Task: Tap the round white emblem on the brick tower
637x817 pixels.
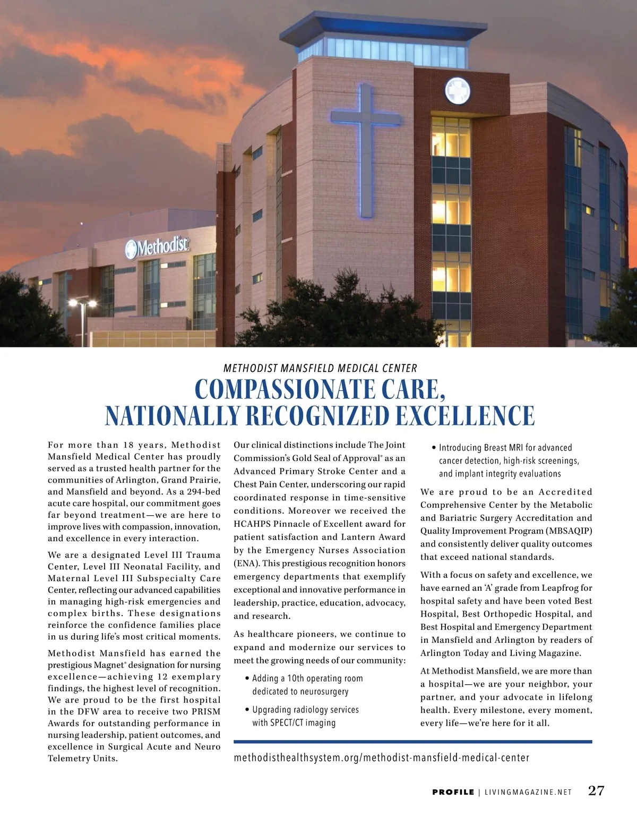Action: click(x=457, y=91)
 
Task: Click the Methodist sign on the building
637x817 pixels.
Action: click(x=157, y=246)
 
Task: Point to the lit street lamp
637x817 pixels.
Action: click(x=83, y=304)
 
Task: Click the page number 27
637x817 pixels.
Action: click(x=596, y=790)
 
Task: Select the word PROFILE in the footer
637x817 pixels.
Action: click(x=453, y=792)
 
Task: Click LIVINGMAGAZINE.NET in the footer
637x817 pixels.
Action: click(x=528, y=792)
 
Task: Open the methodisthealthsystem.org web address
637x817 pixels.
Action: click(x=381, y=758)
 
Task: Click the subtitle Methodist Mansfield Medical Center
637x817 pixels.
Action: click(x=320, y=368)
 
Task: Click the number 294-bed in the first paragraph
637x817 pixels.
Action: click(x=203, y=491)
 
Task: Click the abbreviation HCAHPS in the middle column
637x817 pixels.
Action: click(x=252, y=524)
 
